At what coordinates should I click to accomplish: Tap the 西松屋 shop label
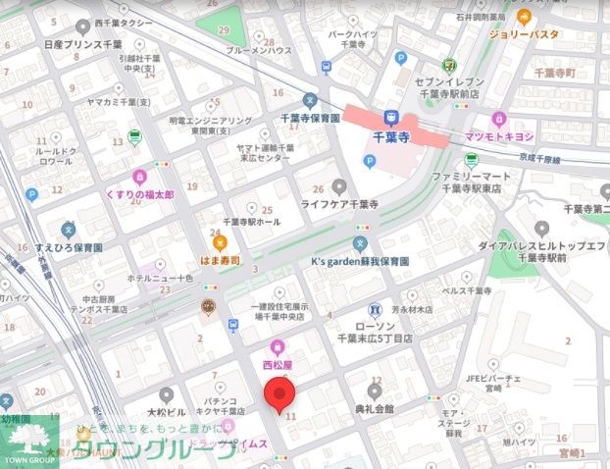(x=278, y=363)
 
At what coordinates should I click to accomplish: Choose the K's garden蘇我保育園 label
(x=360, y=262)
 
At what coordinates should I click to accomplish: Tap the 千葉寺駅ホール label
(x=252, y=223)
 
